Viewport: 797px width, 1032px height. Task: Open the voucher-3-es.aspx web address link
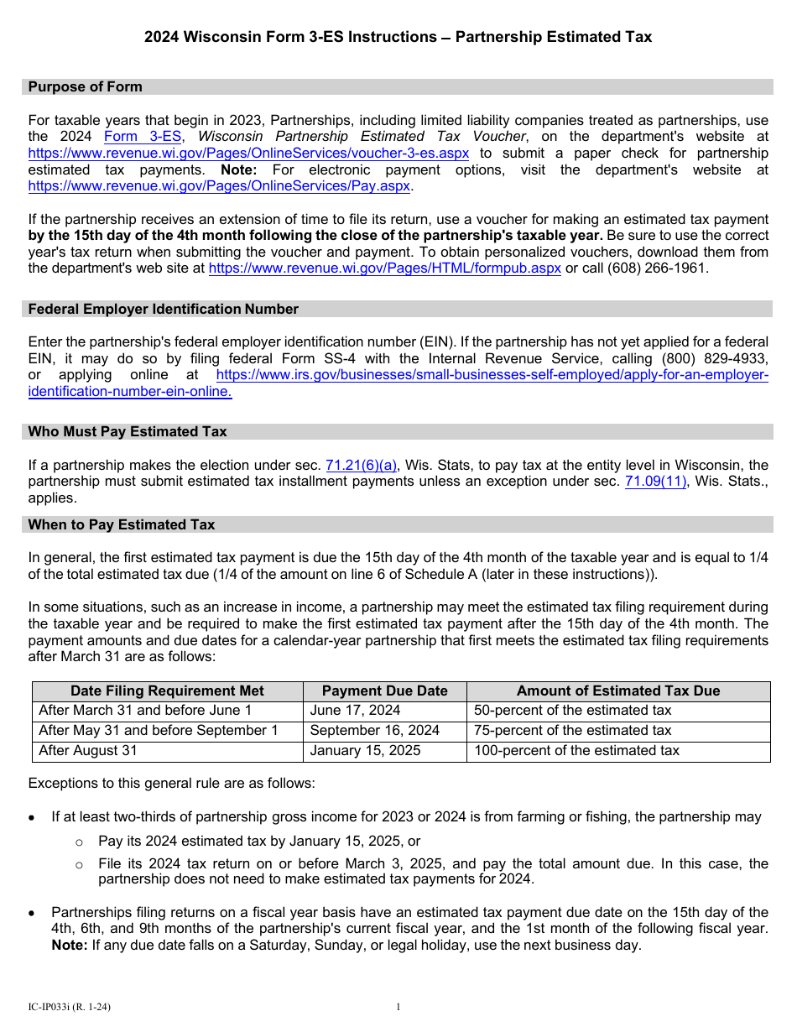pos(248,154)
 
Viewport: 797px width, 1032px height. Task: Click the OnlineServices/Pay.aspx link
pos(219,186)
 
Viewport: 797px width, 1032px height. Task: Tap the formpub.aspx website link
pos(384,268)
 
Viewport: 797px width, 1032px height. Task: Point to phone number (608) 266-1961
pos(659,268)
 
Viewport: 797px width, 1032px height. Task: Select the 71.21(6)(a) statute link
pos(361,466)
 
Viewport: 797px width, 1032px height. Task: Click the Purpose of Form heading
pos(86,87)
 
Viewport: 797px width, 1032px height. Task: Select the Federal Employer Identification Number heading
pos(164,310)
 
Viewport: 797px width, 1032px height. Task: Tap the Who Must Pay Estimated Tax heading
pos(128,432)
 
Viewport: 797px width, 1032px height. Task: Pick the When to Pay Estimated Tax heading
pos(122,525)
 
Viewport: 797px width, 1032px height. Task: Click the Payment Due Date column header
pos(384,691)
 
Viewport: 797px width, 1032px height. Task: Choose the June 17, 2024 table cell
pos(355,711)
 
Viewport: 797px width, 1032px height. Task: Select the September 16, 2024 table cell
pos(374,731)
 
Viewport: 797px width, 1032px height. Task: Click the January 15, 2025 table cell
pos(365,751)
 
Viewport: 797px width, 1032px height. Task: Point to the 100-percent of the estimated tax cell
pos(576,751)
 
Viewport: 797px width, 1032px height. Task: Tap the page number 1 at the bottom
pos(398,1007)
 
